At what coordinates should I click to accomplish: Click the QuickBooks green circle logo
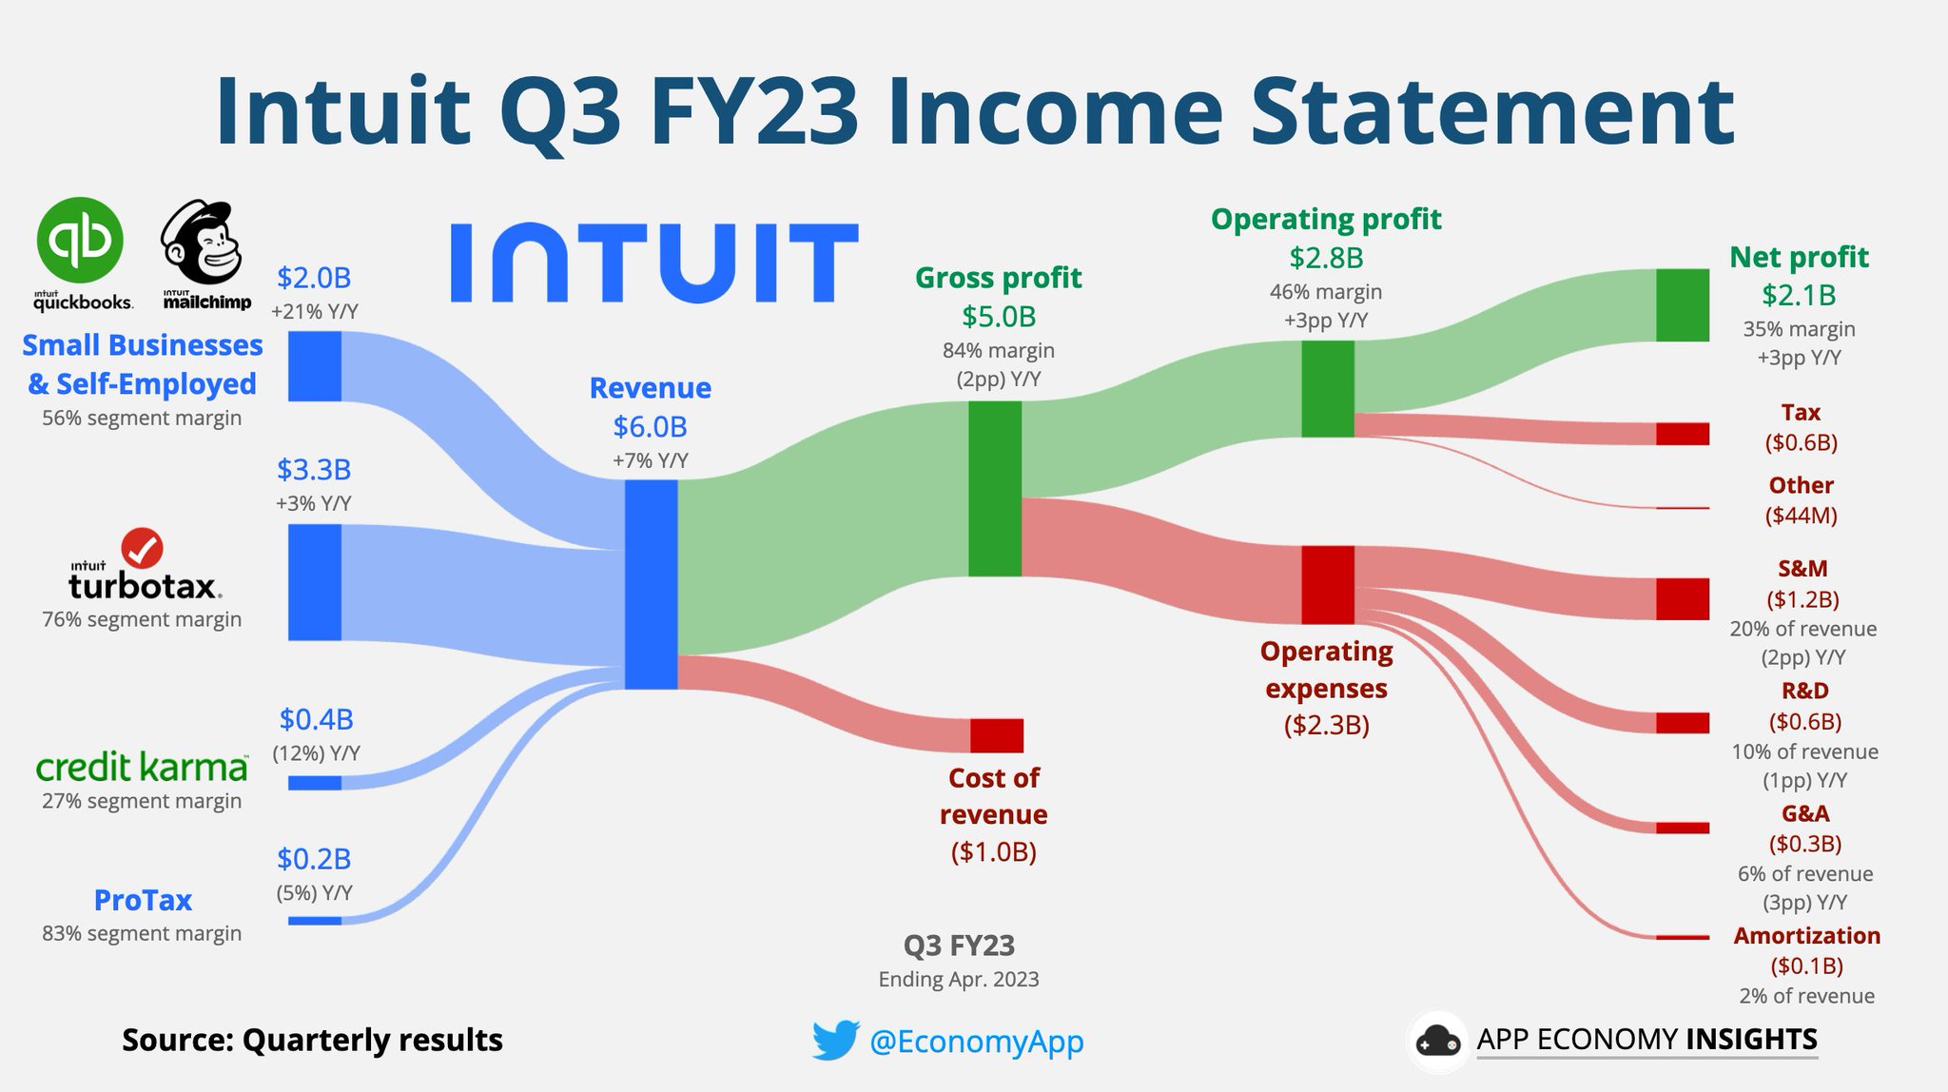click(80, 241)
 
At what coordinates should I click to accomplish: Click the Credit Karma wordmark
click(142, 766)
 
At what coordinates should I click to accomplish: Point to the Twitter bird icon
click(836, 1041)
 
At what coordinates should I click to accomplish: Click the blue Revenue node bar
click(651, 584)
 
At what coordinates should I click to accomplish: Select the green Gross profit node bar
click(995, 488)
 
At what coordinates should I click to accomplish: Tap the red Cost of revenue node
click(997, 735)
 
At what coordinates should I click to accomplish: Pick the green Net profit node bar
click(1683, 305)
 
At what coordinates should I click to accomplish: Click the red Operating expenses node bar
click(1328, 585)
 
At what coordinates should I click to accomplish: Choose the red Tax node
click(1683, 434)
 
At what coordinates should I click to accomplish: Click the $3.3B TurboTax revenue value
click(314, 469)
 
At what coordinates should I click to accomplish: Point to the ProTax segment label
click(143, 900)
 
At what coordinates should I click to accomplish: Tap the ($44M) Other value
click(1802, 516)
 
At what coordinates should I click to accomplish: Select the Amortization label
click(1806, 935)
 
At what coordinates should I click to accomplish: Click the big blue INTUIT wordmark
click(654, 263)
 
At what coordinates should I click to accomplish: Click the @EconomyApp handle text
click(977, 1042)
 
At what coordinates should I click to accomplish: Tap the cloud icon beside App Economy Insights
click(1437, 1042)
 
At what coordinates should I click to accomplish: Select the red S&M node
click(1683, 598)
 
